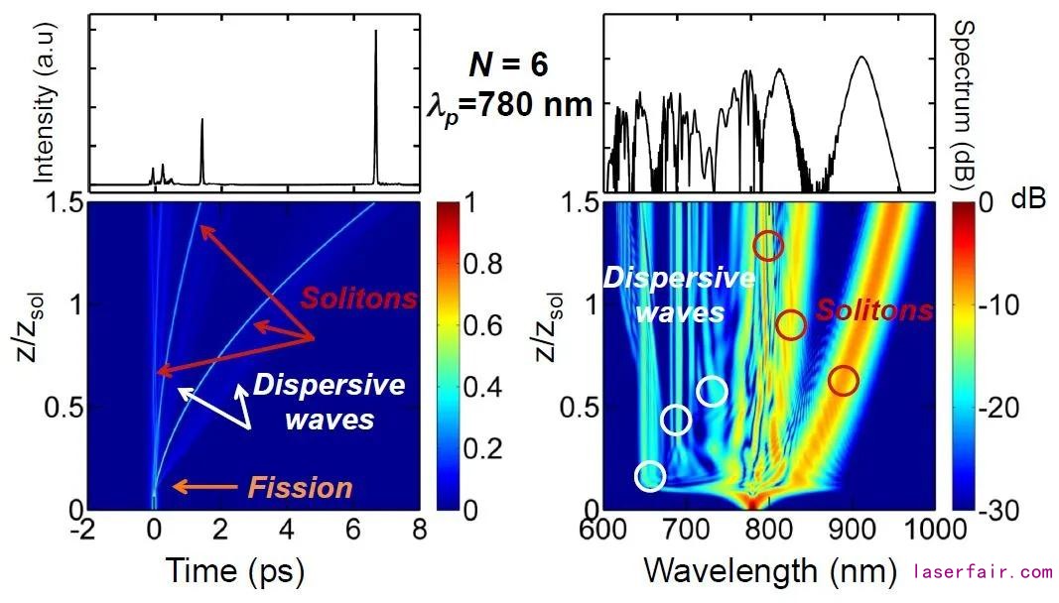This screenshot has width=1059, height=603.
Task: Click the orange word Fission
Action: pos(300,487)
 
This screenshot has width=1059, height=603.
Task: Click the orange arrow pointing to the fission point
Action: pos(204,486)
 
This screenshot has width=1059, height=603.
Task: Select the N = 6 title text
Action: pos(508,66)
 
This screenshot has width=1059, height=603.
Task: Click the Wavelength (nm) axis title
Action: pos(769,570)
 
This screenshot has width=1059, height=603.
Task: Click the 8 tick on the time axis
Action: pos(418,528)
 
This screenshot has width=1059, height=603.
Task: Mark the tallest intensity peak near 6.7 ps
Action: pos(376,32)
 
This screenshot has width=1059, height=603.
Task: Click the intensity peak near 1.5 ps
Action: pos(202,121)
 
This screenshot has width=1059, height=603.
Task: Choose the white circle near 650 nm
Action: pos(650,477)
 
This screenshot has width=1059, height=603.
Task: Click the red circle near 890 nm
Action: pos(843,380)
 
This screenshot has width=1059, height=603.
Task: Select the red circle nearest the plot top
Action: pos(768,246)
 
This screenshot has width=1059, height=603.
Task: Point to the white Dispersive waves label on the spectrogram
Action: pos(662,296)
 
